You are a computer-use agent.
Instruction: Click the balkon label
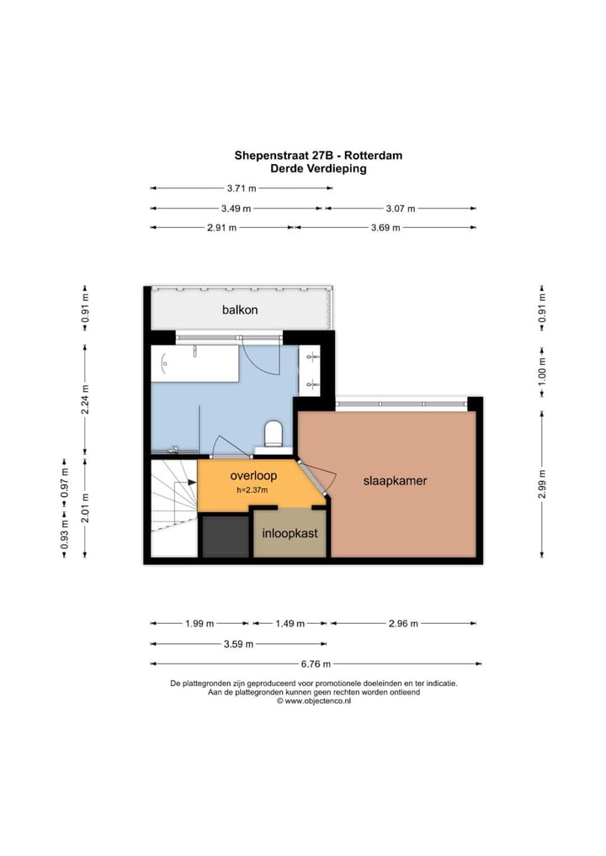click(x=240, y=309)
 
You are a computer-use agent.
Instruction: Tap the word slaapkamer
click(x=395, y=482)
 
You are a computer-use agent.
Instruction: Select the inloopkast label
click(x=290, y=533)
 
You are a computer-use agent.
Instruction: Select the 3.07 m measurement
click(x=400, y=209)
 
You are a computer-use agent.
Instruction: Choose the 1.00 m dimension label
click(x=543, y=371)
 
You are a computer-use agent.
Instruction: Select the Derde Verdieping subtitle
click(x=318, y=168)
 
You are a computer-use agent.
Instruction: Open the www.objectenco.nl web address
click(x=317, y=701)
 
